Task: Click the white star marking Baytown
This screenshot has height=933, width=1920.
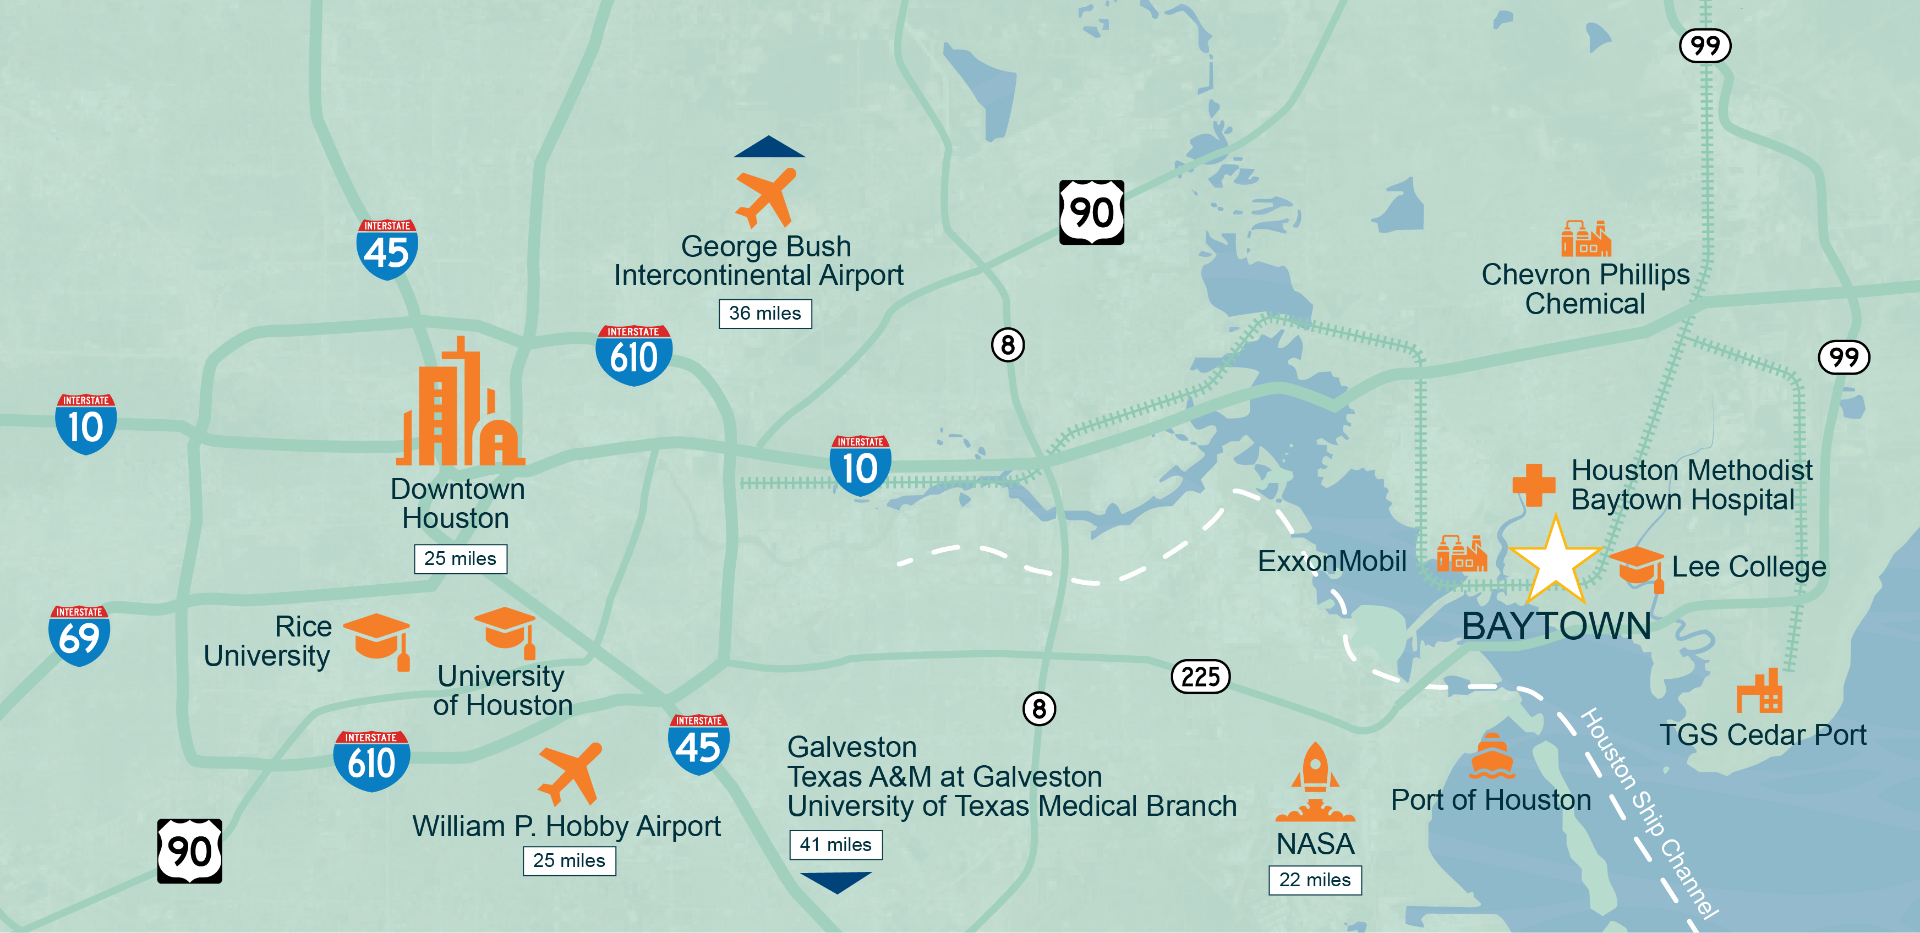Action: click(x=1556, y=563)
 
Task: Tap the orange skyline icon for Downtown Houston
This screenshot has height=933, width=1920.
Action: click(x=461, y=405)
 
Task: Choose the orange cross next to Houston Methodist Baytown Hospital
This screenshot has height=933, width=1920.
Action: click(x=1533, y=485)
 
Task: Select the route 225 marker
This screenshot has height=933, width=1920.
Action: click(x=1200, y=677)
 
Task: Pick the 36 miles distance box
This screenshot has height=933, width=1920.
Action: click(x=765, y=314)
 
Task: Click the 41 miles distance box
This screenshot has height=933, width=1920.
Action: click(x=835, y=845)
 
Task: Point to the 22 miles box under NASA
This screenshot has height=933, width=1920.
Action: click(x=1315, y=880)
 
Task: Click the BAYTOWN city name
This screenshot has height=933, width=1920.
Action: click(x=1556, y=626)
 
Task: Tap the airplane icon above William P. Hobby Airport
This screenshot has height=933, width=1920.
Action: click(x=570, y=773)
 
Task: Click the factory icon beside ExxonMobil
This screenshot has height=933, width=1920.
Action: click(x=1461, y=555)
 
